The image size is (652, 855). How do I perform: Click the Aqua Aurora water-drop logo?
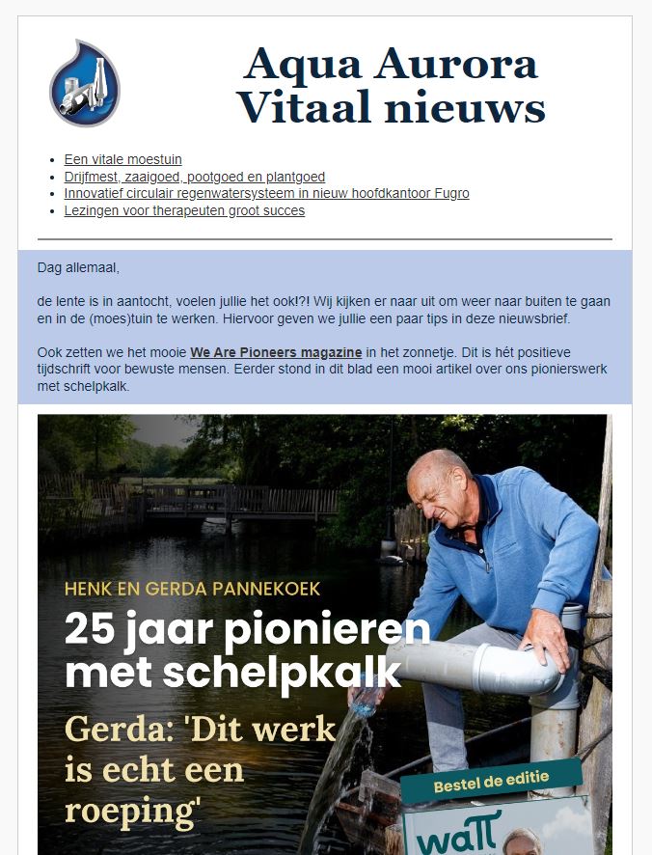tap(85, 83)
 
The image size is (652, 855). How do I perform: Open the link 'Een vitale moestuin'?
tap(122, 159)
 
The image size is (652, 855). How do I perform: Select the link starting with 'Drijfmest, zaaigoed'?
tap(194, 177)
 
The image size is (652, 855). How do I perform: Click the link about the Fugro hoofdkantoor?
tap(266, 193)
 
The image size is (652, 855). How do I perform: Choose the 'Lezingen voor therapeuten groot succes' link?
tap(184, 210)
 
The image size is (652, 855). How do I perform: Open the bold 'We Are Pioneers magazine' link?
tap(276, 352)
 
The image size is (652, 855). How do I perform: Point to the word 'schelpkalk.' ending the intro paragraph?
tap(97, 386)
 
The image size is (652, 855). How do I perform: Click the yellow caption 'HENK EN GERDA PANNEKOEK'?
tap(192, 588)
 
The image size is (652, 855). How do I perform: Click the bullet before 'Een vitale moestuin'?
tap(51, 160)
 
